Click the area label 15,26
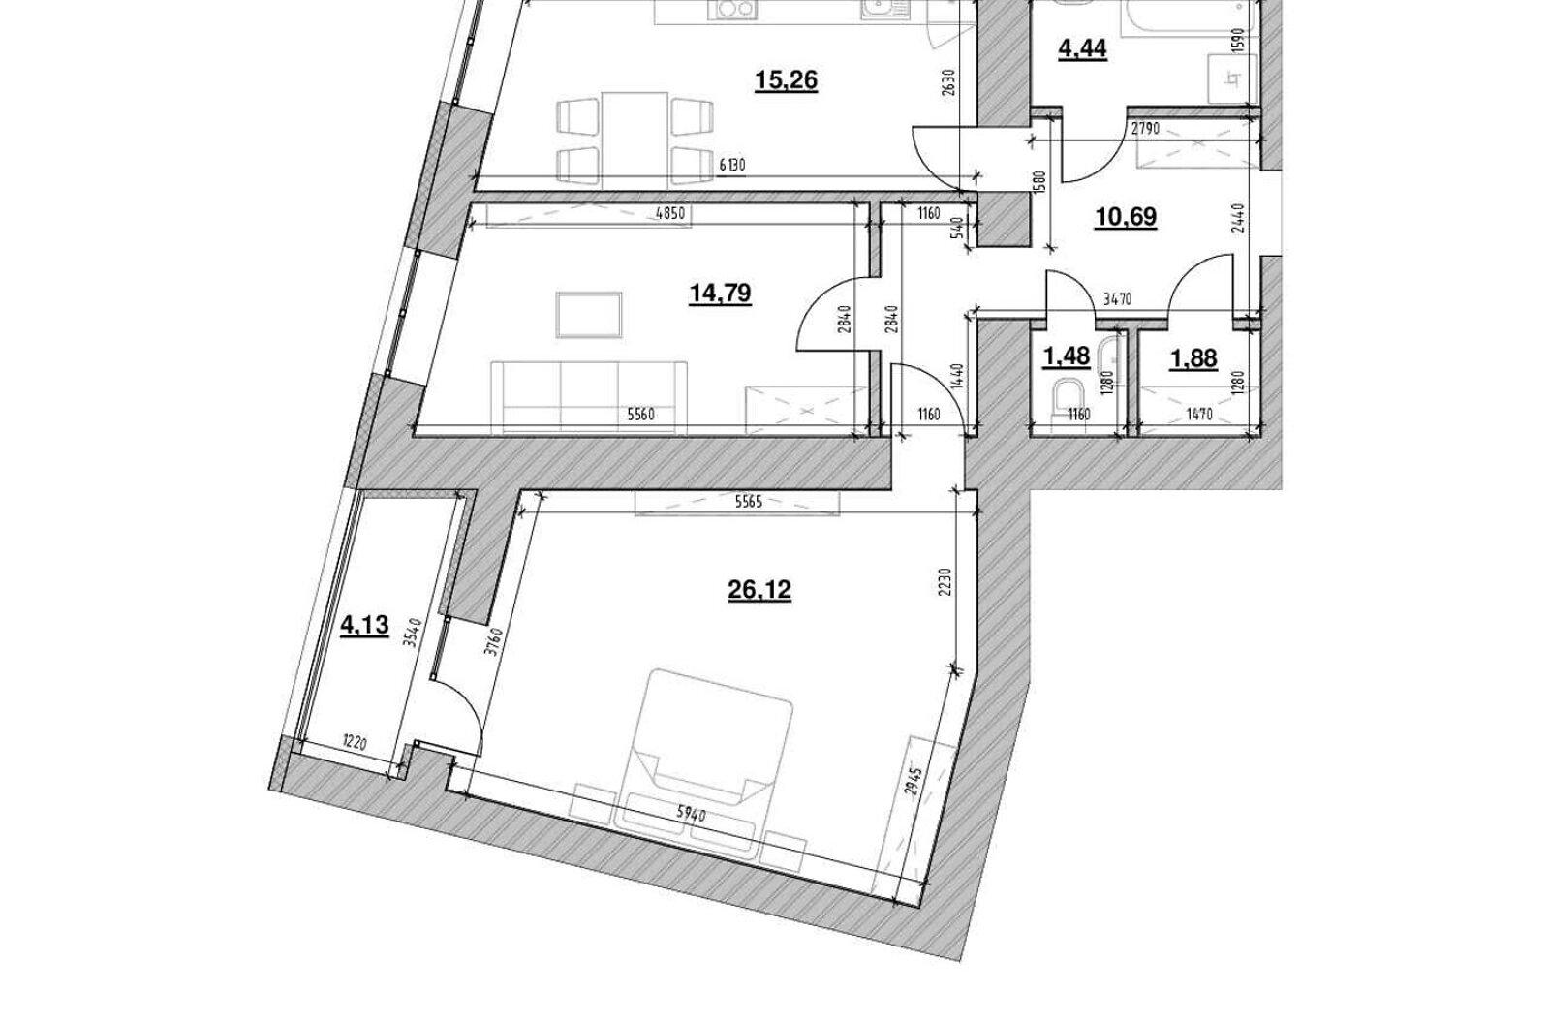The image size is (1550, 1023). [786, 81]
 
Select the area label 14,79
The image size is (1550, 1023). [721, 294]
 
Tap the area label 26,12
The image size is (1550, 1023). [759, 590]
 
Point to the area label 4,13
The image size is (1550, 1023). [364, 626]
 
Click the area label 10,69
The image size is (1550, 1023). [1126, 217]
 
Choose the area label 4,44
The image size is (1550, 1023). [1083, 49]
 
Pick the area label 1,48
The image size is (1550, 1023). [1067, 357]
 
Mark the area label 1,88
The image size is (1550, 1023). [1193, 359]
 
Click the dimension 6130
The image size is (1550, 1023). [732, 165]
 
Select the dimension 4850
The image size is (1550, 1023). [669, 214]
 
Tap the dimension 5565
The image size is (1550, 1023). [748, 503]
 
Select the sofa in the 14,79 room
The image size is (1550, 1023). [589, 397]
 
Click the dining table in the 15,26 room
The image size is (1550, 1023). [635, 139]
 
